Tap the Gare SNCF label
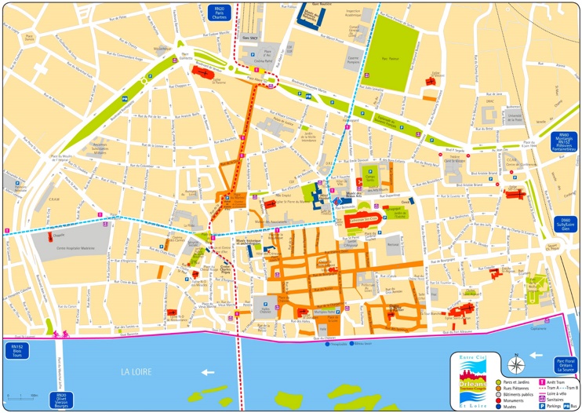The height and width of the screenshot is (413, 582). (x=250, y=38)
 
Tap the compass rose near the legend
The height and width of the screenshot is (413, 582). (x=515, y=364)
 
